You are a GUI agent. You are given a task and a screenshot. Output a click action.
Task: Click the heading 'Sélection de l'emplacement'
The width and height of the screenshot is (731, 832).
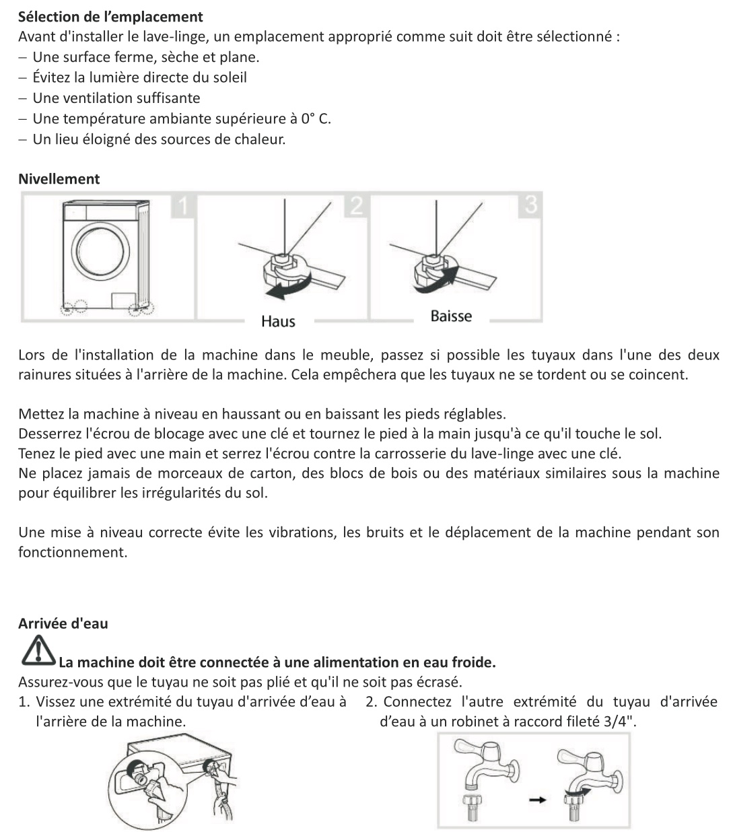coord(110,16)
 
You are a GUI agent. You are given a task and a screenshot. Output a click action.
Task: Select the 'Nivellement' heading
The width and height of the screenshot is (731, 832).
coord(59,179)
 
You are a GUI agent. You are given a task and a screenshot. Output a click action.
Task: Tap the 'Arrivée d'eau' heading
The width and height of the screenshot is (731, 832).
coord(63,623)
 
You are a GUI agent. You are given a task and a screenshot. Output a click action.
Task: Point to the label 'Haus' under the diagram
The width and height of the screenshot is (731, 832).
coord(278,322)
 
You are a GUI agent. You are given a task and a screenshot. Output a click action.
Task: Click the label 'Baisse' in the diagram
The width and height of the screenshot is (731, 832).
coord(451,316)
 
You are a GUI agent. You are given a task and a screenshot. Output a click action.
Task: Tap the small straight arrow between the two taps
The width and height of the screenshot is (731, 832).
coord(536,800)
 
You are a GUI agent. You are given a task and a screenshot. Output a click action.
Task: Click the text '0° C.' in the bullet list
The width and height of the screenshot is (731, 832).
coord(316,119)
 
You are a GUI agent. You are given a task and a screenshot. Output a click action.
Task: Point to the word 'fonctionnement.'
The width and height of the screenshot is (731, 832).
coord(72,553)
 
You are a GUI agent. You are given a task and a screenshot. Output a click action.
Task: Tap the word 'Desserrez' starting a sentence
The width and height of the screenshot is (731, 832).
coord(49,434)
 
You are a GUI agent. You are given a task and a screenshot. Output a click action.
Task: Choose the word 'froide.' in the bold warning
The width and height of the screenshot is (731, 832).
coord(473,662)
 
